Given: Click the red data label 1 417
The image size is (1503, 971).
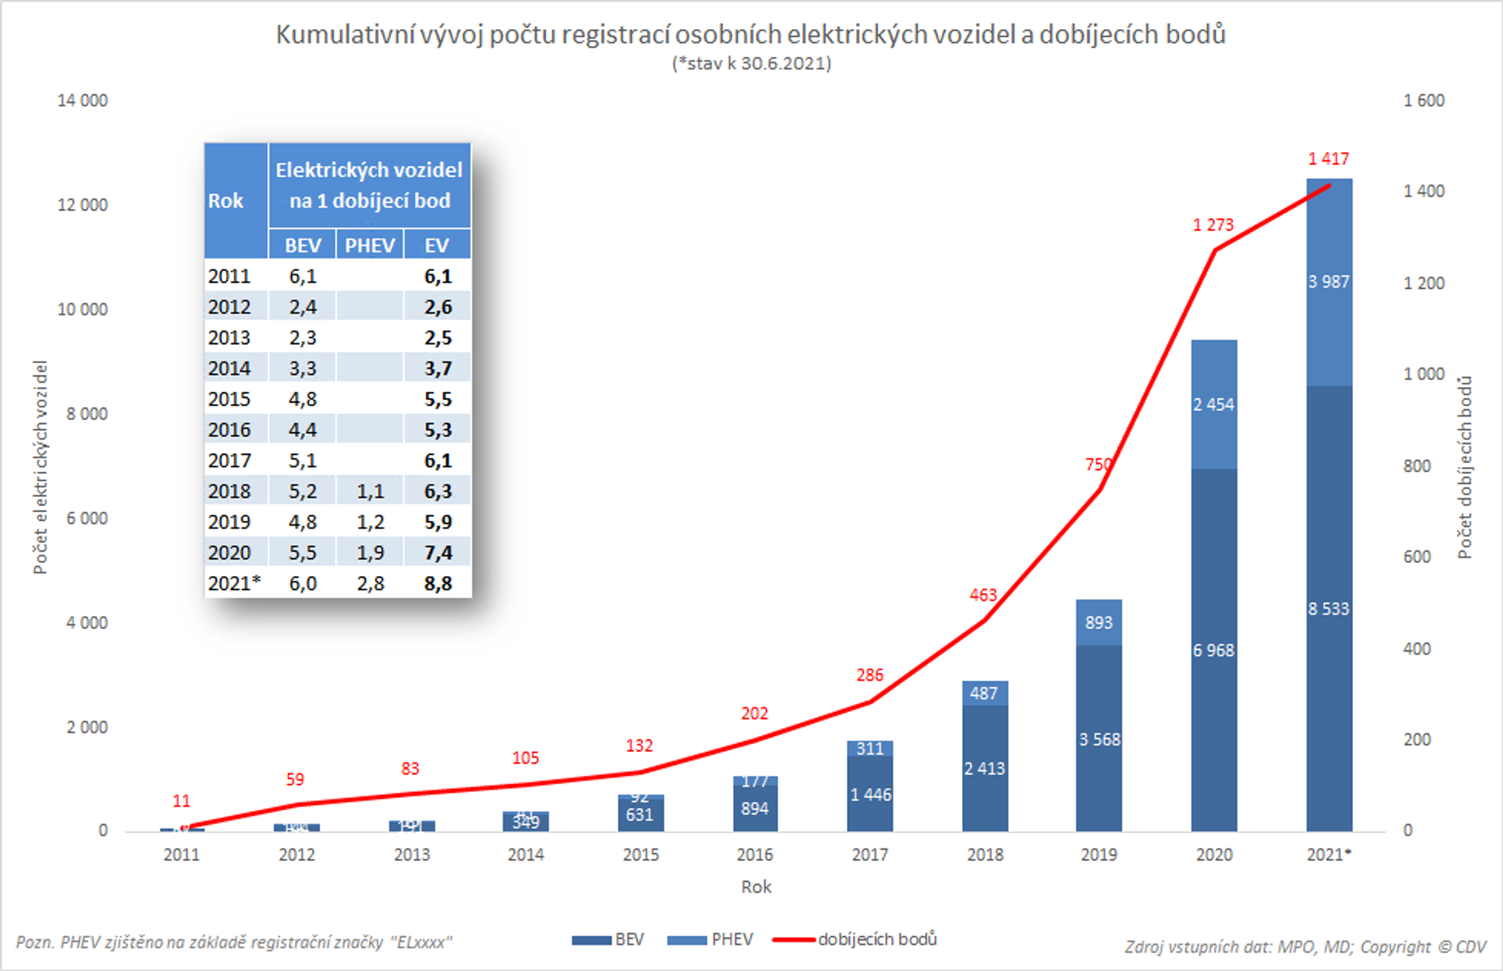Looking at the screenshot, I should tap(1328, 159).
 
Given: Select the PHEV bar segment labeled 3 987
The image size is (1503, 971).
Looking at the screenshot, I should tap(1329, 282).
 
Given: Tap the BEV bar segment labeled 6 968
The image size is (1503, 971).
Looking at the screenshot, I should tap(1214, 650).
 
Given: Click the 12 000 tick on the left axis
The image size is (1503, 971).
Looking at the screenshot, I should tap(83, 205).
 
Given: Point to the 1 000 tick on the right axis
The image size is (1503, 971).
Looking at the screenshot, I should tap(1423, 374).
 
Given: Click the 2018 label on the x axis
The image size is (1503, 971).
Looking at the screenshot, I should tap(984, 855).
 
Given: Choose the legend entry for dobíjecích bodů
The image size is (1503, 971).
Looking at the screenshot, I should tap(877, 940).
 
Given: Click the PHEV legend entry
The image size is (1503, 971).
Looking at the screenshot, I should tap(731, 940).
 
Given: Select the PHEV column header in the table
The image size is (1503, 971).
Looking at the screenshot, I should tap(369, 245).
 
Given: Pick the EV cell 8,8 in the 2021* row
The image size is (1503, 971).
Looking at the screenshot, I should tap(438, 584).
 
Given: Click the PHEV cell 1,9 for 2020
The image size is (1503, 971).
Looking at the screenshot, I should tap(370, 553).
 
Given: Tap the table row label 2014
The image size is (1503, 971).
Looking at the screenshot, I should tap(230, 368).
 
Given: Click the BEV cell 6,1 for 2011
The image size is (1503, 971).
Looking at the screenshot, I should tap(302, 276).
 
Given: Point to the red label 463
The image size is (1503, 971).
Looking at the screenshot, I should tap(983, 595).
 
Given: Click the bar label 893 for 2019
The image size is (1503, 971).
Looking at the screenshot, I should tap(1098, 623).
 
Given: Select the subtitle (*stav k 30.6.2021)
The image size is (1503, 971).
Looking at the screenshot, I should tap(751, 64).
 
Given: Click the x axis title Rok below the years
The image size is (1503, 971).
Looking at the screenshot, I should tap(756, 887).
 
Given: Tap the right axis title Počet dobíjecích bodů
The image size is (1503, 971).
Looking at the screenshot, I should tap(1465, 467).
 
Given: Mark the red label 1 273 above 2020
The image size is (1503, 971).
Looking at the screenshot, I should tap(1213, 225).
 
